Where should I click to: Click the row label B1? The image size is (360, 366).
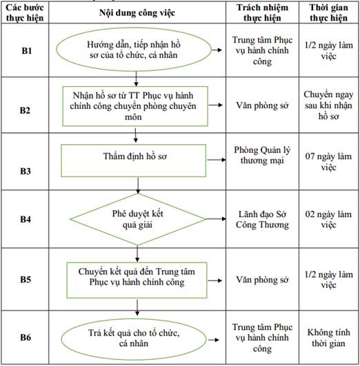pos(27,50)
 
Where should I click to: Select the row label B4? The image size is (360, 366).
pos(26,219)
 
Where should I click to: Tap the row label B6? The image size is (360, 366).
pos(26,337)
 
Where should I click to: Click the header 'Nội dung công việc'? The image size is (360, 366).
pos(137,13)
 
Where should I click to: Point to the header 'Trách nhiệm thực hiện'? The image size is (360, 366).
pos(262,12)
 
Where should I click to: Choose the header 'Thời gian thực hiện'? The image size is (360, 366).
pos(329,12)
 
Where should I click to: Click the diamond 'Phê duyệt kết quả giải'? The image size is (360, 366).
pos(138,219)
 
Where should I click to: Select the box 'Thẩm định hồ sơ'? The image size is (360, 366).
pos(133,161)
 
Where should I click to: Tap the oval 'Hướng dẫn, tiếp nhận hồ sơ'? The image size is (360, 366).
pos(134,50)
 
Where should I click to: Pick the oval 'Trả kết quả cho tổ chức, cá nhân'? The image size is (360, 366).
pos(134,339)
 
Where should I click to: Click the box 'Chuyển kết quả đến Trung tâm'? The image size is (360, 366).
pos(137,280)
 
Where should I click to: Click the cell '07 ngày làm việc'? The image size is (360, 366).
pos(328,161)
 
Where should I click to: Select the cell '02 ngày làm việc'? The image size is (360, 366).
pos(328,219)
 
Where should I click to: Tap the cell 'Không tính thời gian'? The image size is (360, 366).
pos(328,338)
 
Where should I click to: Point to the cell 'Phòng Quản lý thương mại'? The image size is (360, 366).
pos(262,155)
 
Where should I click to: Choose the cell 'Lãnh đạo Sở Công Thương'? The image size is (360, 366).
pos(262,219)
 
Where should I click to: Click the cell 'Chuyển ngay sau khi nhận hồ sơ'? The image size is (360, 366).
pos(328,105)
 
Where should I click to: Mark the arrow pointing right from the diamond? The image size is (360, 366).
pos(216,218)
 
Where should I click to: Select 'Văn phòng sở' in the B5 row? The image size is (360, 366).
pos(262,280)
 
